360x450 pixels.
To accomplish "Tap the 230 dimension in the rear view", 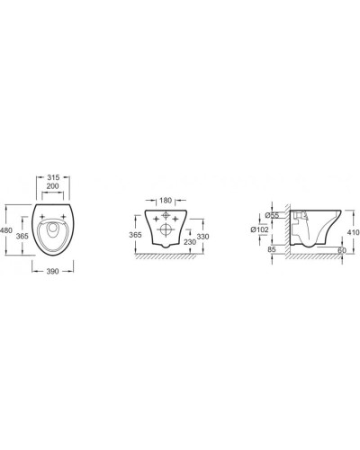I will (x=191, y=241).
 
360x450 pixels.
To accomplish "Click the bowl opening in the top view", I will (x=55, y=232).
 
